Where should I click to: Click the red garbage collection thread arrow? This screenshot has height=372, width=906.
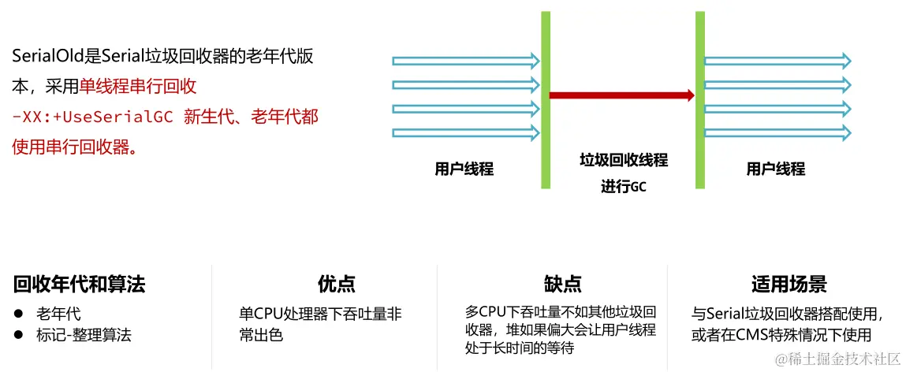621,95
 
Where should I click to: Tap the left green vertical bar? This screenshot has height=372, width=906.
546,99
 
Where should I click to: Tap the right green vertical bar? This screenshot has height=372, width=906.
699,99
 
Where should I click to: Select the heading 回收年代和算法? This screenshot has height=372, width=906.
79,285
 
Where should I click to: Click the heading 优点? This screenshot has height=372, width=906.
336,285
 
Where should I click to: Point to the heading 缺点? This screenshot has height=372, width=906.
562,285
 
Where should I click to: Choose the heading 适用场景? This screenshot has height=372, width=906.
789,285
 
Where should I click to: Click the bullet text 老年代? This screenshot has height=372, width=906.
58,314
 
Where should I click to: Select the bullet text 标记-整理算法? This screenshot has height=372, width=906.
84,335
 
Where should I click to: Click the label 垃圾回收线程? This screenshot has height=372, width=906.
623,161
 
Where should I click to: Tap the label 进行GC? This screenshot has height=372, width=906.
623,187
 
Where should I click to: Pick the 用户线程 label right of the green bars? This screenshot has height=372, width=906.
775,169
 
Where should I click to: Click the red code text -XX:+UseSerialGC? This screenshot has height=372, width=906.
93,117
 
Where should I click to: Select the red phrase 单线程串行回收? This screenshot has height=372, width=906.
137,87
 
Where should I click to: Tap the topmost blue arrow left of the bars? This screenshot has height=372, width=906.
465,61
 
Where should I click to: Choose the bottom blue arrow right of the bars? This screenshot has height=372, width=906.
777,132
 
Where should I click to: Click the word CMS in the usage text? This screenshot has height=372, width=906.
752,335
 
